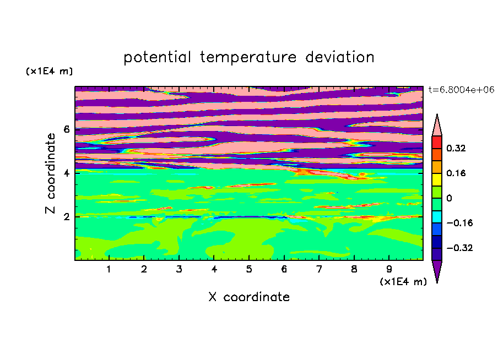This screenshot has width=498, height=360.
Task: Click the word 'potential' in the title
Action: tap(157, 57)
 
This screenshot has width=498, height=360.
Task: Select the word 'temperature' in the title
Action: tap(248, 57)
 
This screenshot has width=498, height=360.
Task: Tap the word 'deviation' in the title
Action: tap(340, 57)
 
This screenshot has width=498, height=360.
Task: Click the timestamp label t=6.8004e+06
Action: tap(461, 90)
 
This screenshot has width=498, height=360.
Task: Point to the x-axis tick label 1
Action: tap(109, 269)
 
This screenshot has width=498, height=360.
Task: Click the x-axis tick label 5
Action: tap(249, 269)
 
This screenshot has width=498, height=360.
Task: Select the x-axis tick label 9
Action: tap(389, 269)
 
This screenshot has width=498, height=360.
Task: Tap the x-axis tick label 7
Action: tap(319, 269)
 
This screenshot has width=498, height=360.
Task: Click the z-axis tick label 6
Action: tap(66, 129)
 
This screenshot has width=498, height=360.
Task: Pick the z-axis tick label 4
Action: tap(66, 173)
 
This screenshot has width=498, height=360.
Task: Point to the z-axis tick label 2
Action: tap(66, 217)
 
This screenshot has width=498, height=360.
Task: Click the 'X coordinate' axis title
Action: tap(249, 297)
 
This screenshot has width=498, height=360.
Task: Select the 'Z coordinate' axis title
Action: tap(50, 173)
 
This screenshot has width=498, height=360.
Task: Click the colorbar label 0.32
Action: tap(456, 148)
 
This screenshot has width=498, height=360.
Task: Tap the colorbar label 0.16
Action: tap(456, 173)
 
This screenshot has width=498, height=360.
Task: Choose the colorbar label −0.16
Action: tap(459, 223)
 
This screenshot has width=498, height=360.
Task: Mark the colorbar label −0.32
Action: tap(459, 248)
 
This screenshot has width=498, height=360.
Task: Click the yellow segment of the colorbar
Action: tap(437, 179)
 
